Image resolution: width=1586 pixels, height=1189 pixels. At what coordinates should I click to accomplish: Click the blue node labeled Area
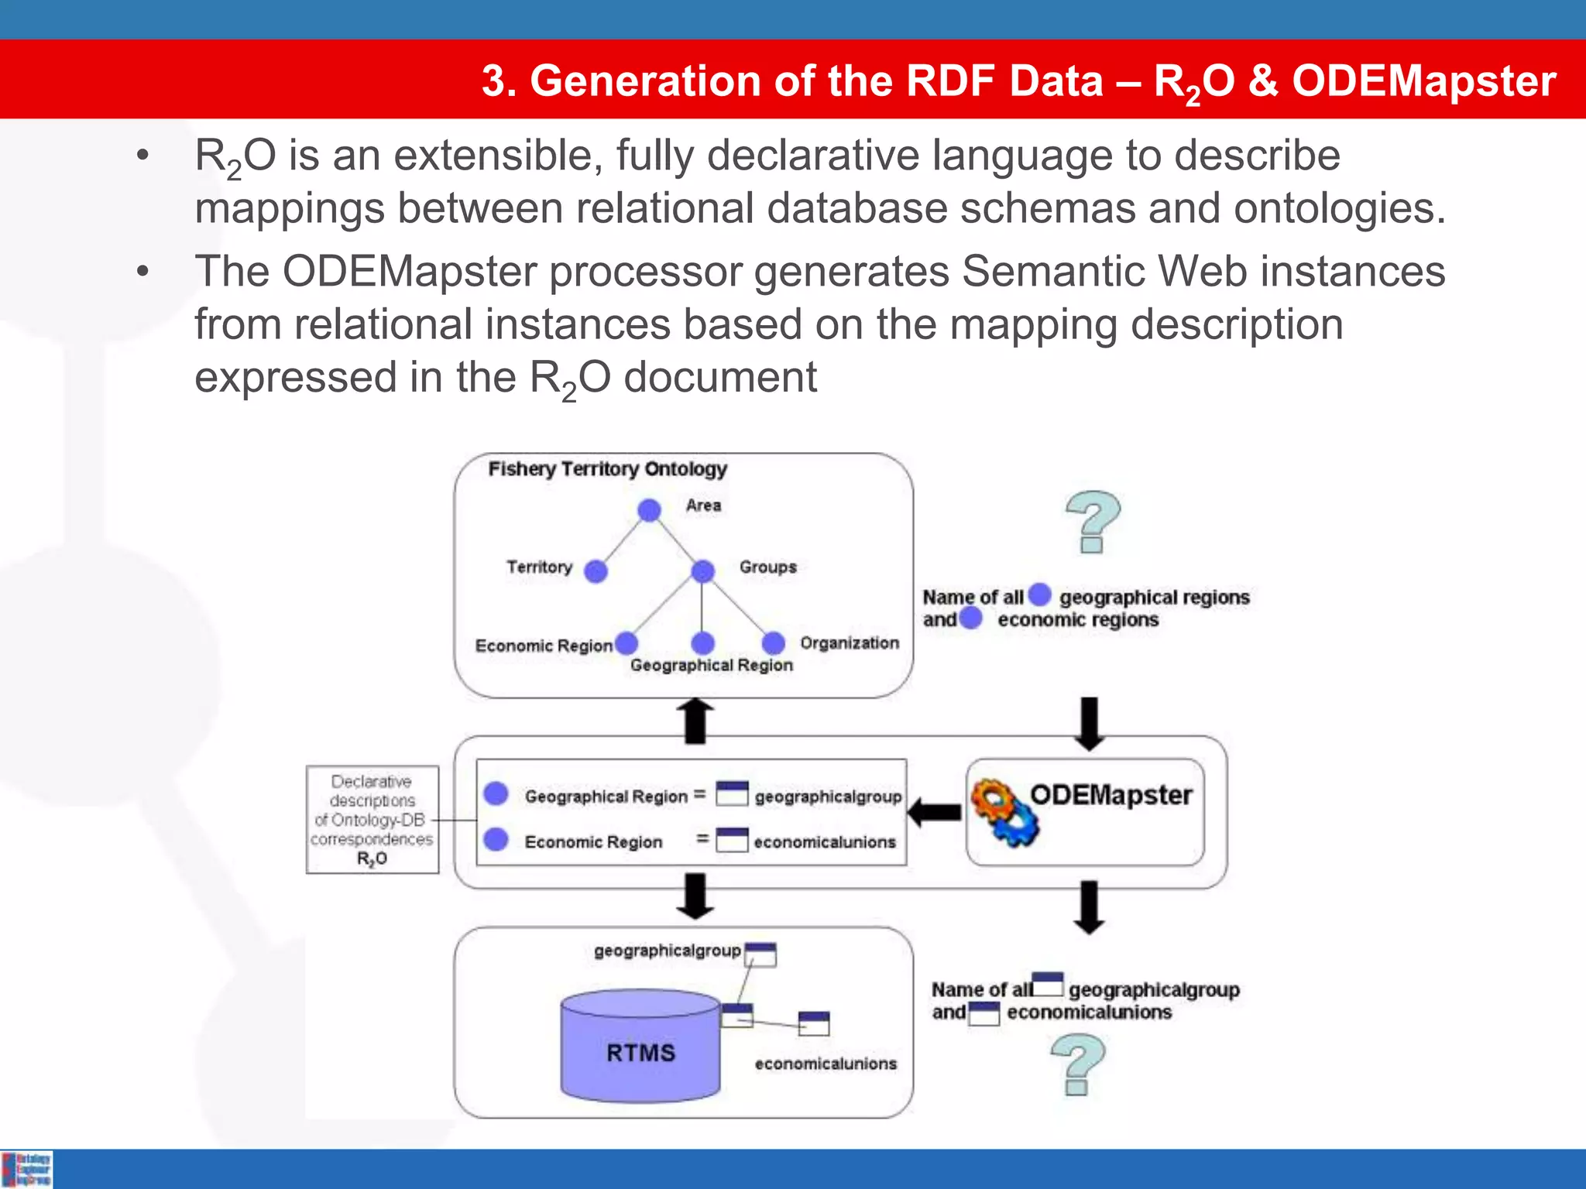[649, 510]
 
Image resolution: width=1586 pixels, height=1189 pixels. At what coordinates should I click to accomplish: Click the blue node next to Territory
[596, 572]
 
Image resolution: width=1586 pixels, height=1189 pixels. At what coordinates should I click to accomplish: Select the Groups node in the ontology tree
[702, 572]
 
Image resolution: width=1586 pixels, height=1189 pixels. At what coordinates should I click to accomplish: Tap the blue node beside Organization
[773, 643]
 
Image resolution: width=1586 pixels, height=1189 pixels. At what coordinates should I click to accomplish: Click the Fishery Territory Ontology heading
[607, 469]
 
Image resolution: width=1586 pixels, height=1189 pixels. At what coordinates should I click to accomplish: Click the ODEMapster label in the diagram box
[1111, 795]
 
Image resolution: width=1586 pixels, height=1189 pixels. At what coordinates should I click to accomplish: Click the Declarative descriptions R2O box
[372, 820]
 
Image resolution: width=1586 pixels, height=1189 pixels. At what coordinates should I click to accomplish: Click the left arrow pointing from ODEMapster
[934, 813]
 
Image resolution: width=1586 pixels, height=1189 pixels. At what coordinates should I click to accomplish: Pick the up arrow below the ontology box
[695, 721]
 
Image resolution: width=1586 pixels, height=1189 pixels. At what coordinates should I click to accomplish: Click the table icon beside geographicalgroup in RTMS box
[760, 955]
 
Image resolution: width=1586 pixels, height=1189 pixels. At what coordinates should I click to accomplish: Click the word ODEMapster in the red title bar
[1423, 81]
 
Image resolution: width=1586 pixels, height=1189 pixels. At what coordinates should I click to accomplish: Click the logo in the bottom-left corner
[27, 1169]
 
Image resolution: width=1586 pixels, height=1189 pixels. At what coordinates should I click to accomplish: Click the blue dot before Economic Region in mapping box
[496, 839]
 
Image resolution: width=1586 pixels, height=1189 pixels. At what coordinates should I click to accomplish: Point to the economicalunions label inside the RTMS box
[826, 1064]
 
